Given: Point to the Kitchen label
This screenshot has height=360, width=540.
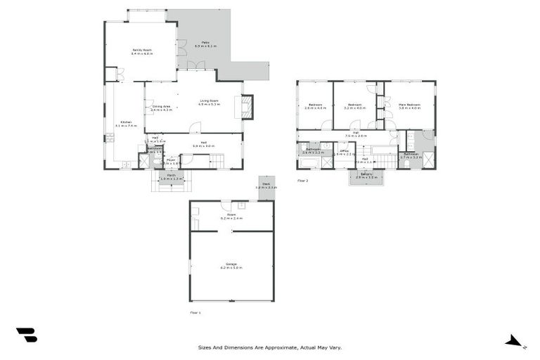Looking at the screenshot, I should point(125,122).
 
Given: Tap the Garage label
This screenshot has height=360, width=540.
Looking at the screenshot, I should point(231,264).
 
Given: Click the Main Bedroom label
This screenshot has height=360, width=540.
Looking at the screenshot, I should point(409,104).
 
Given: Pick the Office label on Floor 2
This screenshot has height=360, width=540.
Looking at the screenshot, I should point(345,150).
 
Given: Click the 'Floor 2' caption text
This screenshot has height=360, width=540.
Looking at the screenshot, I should point(302,181).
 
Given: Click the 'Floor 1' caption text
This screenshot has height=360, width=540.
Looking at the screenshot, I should point(195,311).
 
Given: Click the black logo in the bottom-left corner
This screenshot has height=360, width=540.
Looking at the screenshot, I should point(27,335).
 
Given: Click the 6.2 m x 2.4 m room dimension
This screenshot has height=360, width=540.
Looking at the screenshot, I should point(231,219).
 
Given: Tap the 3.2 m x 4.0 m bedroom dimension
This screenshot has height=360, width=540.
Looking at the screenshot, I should point(354,108).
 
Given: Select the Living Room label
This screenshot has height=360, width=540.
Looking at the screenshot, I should point(209,101).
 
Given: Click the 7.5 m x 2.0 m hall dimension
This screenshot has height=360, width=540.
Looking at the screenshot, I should point(356,136).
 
